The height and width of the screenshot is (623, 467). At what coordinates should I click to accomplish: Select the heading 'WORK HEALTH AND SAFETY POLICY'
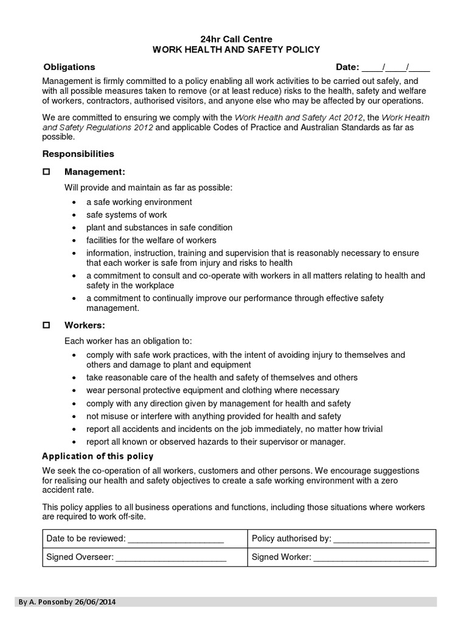235,50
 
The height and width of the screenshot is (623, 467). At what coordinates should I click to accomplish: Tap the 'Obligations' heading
69,67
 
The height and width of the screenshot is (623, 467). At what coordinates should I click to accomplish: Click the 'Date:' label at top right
348,67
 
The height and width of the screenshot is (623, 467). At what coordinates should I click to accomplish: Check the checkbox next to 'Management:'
46,172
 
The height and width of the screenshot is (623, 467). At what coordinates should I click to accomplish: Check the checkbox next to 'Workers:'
46,325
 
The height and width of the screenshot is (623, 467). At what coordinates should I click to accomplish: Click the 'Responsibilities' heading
78,154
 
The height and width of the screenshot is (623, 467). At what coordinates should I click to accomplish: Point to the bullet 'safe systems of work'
126,215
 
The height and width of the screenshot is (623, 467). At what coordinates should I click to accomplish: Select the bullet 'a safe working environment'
139,202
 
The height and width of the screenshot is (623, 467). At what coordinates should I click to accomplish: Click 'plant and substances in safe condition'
159,228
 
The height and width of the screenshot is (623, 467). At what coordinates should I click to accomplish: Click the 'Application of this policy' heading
97,456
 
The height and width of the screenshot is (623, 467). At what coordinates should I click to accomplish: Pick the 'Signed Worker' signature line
371,557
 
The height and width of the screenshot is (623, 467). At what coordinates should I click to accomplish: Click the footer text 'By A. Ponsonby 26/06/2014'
67,602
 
